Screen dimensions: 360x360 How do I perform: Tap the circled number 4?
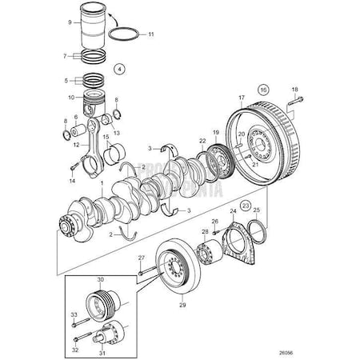tap(119, 69)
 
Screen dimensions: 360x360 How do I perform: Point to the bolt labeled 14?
tap(76, 167)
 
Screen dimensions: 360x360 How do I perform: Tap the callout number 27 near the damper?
tap(141, 258)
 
